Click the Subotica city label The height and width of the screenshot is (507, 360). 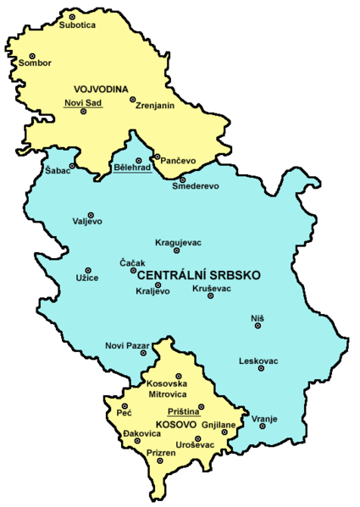(78, 26)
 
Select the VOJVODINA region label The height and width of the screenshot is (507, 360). (101, 89)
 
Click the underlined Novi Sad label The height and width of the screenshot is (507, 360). (82, 102)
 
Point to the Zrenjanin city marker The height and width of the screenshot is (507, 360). (133, 99)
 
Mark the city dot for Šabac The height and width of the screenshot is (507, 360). (73, 166)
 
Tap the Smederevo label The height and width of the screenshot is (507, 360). (196, 186)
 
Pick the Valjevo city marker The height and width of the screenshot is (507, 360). (91, 215)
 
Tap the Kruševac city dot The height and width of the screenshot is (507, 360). (210, 296)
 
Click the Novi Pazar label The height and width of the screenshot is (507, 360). (125, 344)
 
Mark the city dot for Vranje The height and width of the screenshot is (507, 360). (263, 426)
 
